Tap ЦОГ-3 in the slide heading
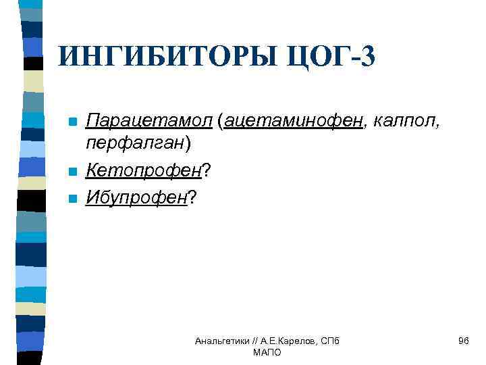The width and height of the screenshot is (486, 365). point(334,56)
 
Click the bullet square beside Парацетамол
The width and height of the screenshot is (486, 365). point(72,122)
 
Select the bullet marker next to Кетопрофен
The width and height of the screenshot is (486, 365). point(72,172)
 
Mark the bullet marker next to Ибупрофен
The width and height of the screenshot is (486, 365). point(72,199)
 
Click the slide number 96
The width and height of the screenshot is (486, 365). point(463,341)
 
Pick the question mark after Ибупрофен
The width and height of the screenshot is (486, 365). point(192,198)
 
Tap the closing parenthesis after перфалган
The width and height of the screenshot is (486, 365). point(188,143)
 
